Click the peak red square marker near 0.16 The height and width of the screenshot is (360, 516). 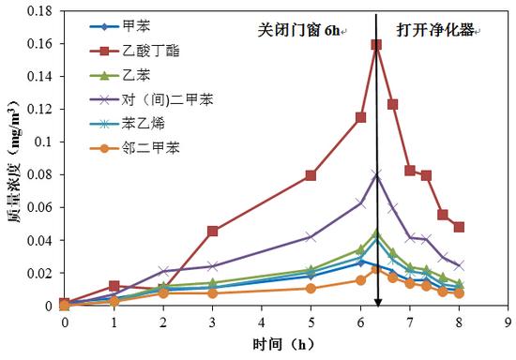(376, 44)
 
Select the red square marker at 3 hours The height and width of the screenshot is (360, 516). (213, 231)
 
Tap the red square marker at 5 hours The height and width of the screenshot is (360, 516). (311, 175)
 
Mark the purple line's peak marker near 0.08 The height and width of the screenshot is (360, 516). (376, 174)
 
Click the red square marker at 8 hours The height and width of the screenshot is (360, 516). (459, 227)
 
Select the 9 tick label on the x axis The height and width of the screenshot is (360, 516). (508, 322)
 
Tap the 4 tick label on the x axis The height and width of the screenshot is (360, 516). (262, 322)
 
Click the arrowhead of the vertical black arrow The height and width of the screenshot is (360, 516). (377, 301)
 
